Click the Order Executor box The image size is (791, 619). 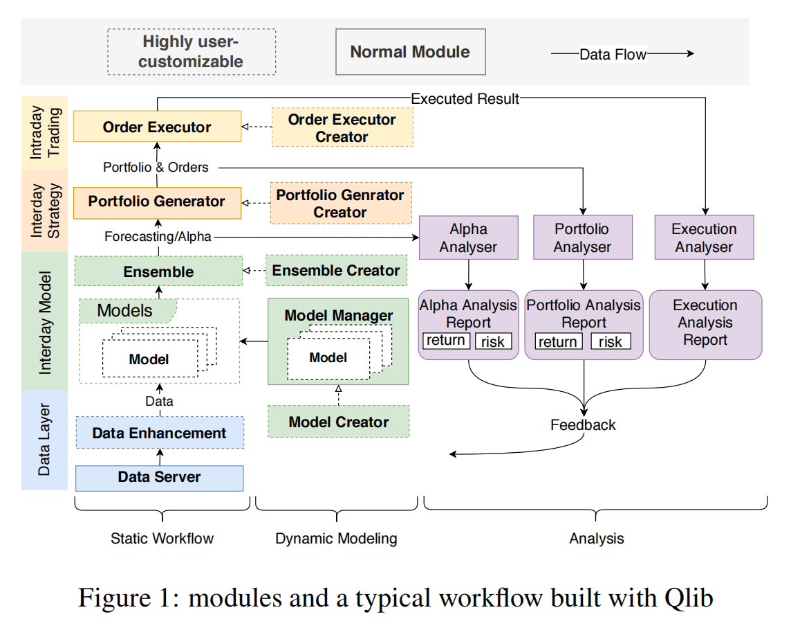(x=158, y=126)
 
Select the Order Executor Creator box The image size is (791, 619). (x=342, y=127)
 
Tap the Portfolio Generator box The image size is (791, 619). (x=158, y=203)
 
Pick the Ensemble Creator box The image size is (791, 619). (x=337, y=270)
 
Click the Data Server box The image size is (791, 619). (x=160, y=478)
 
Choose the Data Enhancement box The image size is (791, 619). (x=160, y=433)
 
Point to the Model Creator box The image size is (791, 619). (x=339, y=422)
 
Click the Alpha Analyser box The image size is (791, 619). (x=469, y=237)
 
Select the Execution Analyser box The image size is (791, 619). (x=705, y=237)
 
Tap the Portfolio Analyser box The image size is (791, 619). (x=583, y=237)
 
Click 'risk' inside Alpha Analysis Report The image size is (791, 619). (x=493, y=341)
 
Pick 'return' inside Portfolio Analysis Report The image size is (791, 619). (x=558, y=341)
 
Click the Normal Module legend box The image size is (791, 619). (x=411, y=51)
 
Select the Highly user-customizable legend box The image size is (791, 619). (x=192, y=51)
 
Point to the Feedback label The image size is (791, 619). (x=583, y=425)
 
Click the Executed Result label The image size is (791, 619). (x=465, y=98)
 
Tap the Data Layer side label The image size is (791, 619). (x=44, y=440)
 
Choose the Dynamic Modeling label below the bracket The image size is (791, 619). (x=337, y=539)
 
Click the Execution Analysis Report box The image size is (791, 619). (x=705, y=325)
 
